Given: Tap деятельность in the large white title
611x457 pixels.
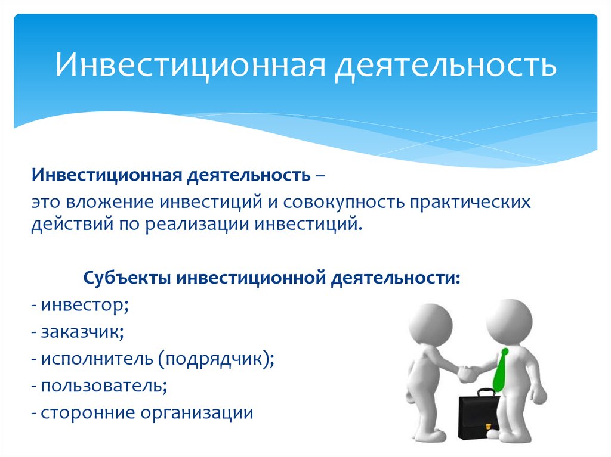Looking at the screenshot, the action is [446, 66].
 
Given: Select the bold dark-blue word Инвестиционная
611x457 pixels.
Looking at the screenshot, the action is [107, 176].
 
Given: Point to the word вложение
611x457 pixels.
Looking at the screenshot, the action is [110, 202].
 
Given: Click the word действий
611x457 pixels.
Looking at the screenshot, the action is [72, 225].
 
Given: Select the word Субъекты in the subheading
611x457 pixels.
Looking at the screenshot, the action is [127, 278].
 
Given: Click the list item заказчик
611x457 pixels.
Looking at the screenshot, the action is [82, 332].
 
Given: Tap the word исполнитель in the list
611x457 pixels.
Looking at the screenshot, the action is [97, 359].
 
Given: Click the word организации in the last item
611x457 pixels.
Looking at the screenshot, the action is [197, 414].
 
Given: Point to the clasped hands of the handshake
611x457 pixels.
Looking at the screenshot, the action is [468, 373].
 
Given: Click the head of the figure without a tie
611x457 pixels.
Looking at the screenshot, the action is [431, 325].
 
